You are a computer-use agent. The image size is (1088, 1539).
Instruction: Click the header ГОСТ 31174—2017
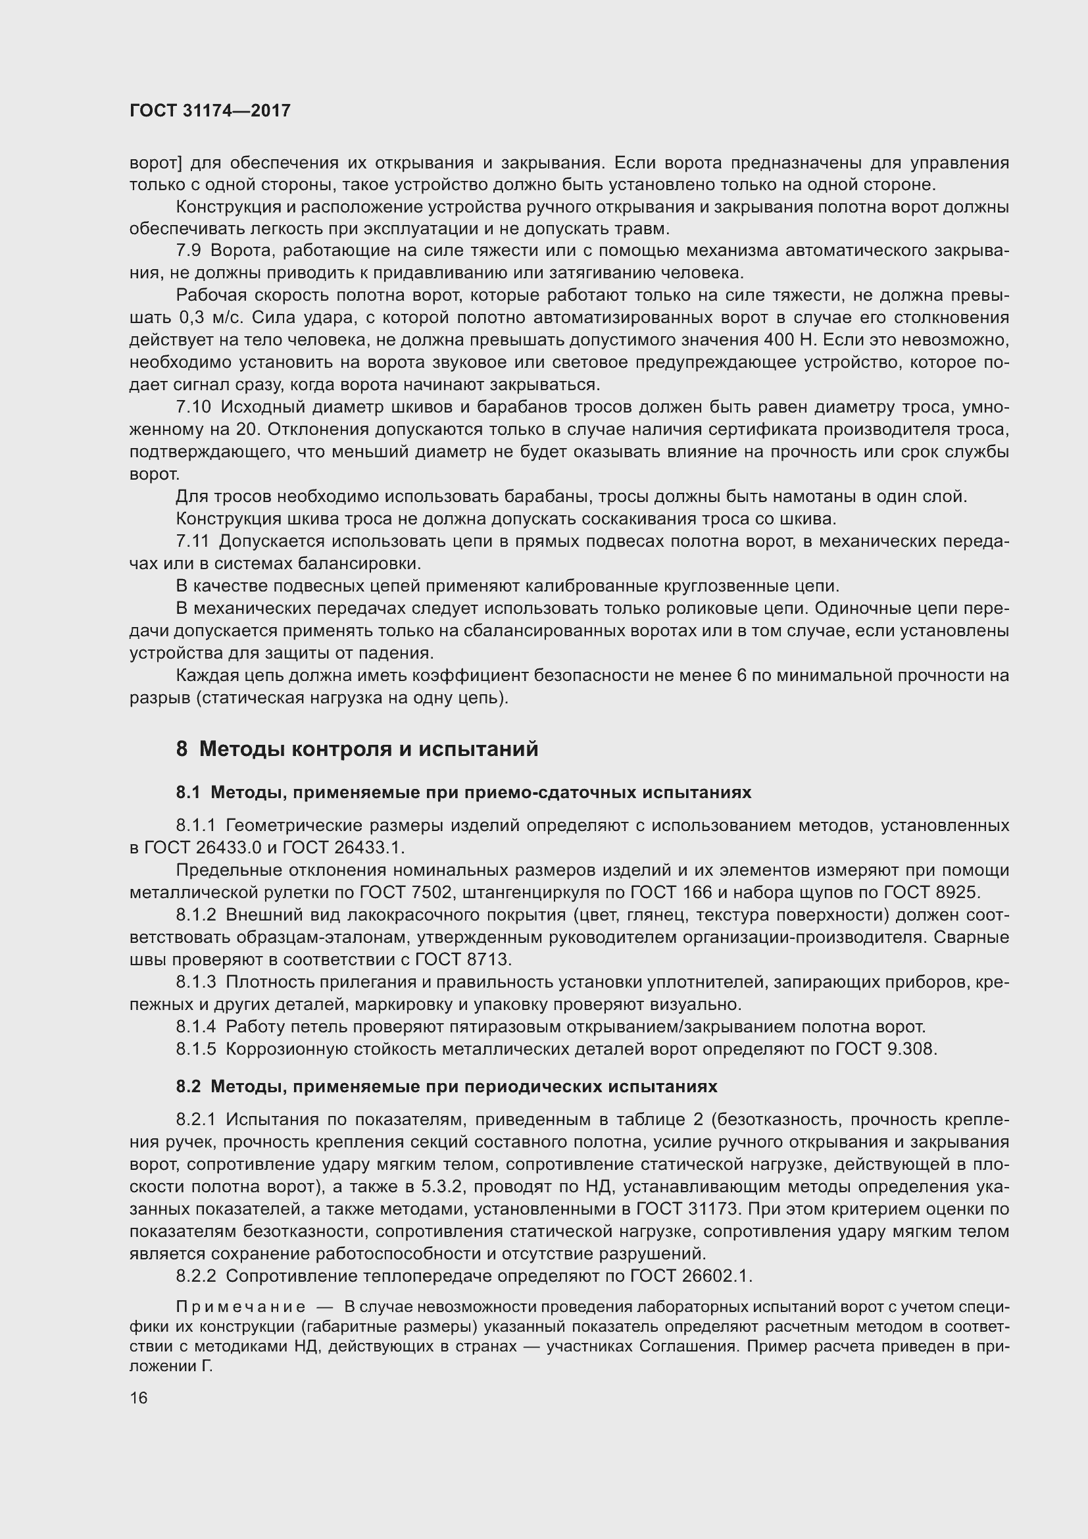click(210, 111)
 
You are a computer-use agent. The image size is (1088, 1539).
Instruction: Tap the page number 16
click(139, 1398)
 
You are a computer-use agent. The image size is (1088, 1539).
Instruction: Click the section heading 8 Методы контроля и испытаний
click(357, 749)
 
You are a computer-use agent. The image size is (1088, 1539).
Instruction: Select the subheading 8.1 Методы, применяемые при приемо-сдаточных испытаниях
click(464, 792)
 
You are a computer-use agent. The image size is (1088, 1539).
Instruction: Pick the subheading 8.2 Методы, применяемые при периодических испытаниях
click(446, 1086)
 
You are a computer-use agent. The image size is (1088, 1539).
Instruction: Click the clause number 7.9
click(188, 251)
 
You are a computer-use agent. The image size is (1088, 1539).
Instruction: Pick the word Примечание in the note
click(241, 1307)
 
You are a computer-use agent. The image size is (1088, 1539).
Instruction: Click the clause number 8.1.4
click(196, 1027)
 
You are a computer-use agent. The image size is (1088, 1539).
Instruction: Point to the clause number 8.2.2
click(196, 1276)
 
